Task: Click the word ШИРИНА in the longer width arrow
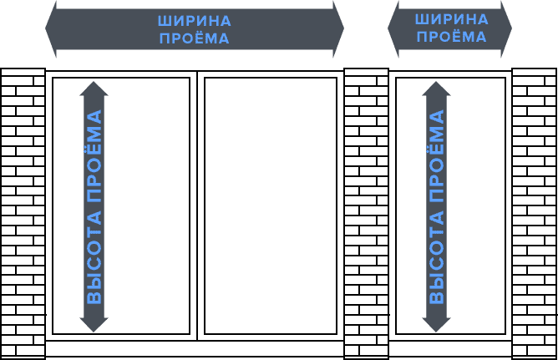195,22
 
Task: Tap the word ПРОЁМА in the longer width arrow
195,38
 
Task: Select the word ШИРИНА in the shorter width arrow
452,19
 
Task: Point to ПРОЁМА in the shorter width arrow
452,37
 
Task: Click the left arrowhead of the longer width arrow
51,28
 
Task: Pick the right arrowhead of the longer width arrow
338,28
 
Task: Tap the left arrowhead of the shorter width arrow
393,28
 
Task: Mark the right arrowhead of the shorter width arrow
506,28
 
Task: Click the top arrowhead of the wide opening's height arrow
94,89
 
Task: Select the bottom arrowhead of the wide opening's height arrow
94,325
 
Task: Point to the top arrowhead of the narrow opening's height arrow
436,89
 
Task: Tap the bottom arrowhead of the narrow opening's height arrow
436,325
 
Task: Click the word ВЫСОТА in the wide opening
94,257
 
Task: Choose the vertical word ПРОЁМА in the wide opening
94,156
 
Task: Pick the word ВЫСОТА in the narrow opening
437,257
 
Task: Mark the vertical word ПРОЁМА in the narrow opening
435,156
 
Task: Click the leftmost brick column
23,214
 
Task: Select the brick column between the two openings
366,214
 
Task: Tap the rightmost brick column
535,214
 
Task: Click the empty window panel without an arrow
271,206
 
